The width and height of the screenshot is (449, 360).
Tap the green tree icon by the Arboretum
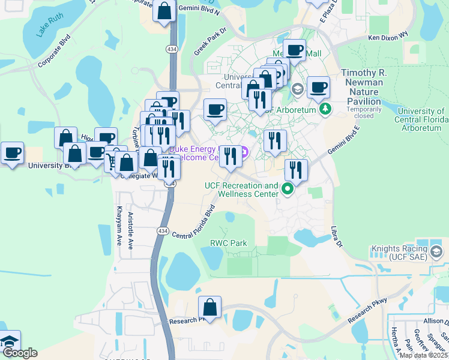coord(325,109)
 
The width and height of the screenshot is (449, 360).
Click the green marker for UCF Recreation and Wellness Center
coord(288,190)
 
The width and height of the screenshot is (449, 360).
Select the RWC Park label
coord(228,243)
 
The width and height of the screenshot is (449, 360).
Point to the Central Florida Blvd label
coord(194,223)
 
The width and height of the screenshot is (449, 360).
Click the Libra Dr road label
coord(336,235)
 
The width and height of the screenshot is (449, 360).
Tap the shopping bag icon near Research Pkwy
coord(211,308)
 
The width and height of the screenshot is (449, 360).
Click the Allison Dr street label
coord(435,322)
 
